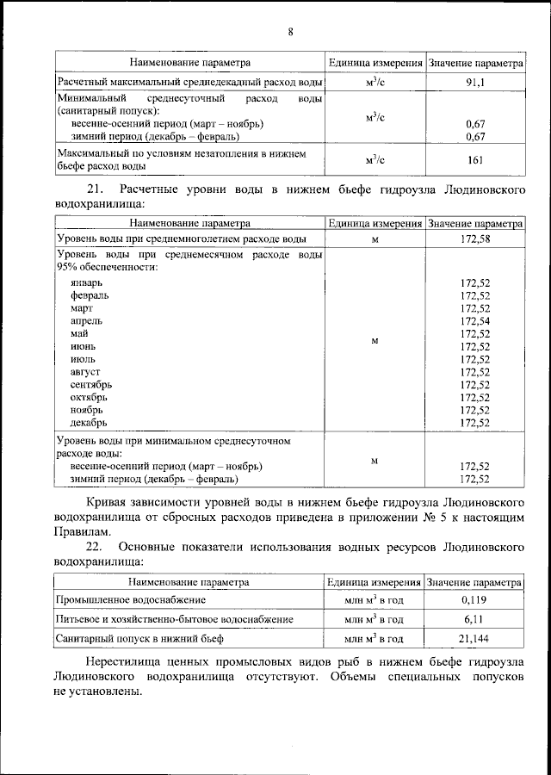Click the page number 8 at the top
[290, 33]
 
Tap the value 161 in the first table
[474, 159]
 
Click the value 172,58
[474, 239]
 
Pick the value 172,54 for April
[474, 320]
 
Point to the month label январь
[87, 282]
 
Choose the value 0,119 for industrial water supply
[474, 598]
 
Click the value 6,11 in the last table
[474, 618]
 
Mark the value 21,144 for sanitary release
[474, 639]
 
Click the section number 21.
[96, 189]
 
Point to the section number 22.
[96, 547]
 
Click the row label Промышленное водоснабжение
[131, 598]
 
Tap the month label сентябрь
[91, 384]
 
